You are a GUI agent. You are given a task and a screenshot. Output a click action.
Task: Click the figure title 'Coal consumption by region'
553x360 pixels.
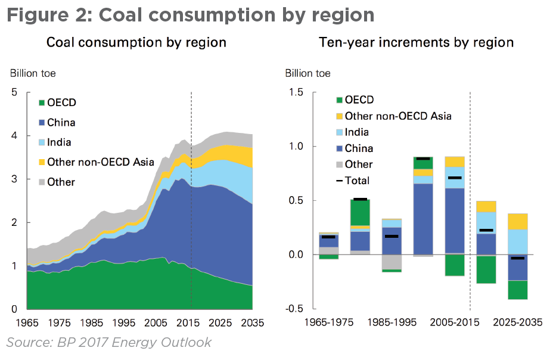pyautogui.click(x=191, y=14)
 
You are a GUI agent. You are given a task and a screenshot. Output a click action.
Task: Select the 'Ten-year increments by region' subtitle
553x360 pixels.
pyautogui.click(x=416, y=42)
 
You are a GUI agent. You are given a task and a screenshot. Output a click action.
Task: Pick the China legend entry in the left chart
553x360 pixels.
pyautogui.click(x=61, y=123)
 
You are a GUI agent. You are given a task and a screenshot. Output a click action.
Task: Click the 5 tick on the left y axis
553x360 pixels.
pyautogui.click(x=14, y=92)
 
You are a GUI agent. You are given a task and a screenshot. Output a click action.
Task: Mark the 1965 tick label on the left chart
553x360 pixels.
pyautogui.click(x=27, y=323)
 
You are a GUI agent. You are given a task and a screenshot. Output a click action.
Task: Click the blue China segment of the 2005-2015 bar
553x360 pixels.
pyautogui.click(x=455, y=221)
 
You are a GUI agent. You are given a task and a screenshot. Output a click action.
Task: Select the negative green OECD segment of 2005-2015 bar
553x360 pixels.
pyautogui.click(x=455, y=265)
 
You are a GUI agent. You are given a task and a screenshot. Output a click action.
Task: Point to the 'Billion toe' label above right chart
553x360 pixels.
pyautogui.click(x=308, y=73)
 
